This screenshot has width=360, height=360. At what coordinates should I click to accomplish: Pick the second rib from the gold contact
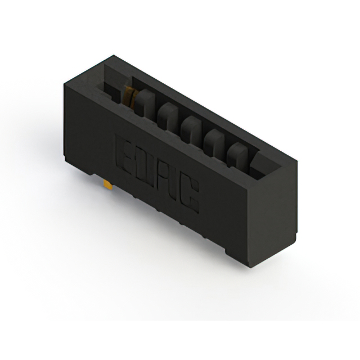167,116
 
